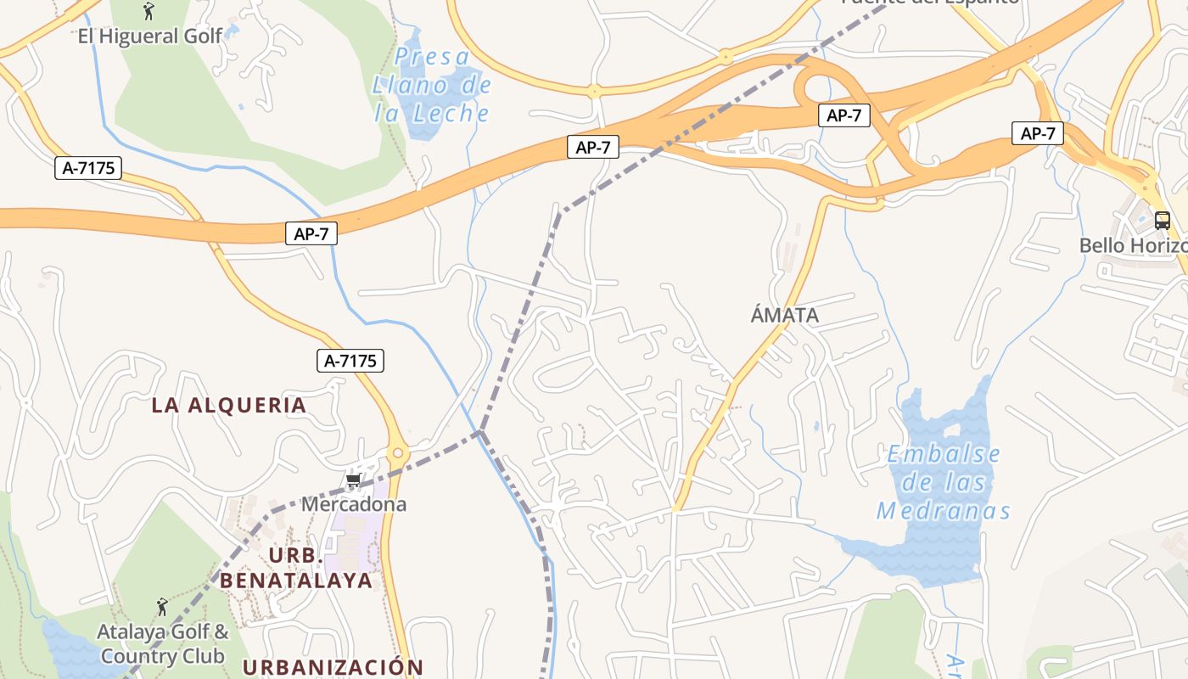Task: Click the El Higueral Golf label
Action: point(149,36)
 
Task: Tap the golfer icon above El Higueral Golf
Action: point(149,11)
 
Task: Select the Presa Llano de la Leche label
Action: point(432,85)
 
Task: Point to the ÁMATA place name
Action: point(785,316)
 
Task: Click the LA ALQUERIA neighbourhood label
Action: point(229,405)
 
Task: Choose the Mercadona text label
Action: point(354,504)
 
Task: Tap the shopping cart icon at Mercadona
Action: point(354,481)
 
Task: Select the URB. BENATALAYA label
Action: point(296,568)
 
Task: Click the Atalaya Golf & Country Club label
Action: point(162,644)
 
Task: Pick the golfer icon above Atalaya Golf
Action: point(162,607)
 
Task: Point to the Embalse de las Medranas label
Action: point(944,482)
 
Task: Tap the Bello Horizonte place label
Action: point(1133,245)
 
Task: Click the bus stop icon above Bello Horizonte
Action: point(1163,221)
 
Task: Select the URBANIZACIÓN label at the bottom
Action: point(333,667)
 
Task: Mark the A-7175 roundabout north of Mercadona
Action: point(398,452)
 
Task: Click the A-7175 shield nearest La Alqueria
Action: point(350,361)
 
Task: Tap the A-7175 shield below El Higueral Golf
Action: point(88,168)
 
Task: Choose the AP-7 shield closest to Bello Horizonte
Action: point(1038,133)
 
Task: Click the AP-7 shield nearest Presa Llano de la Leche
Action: point(593,148)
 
